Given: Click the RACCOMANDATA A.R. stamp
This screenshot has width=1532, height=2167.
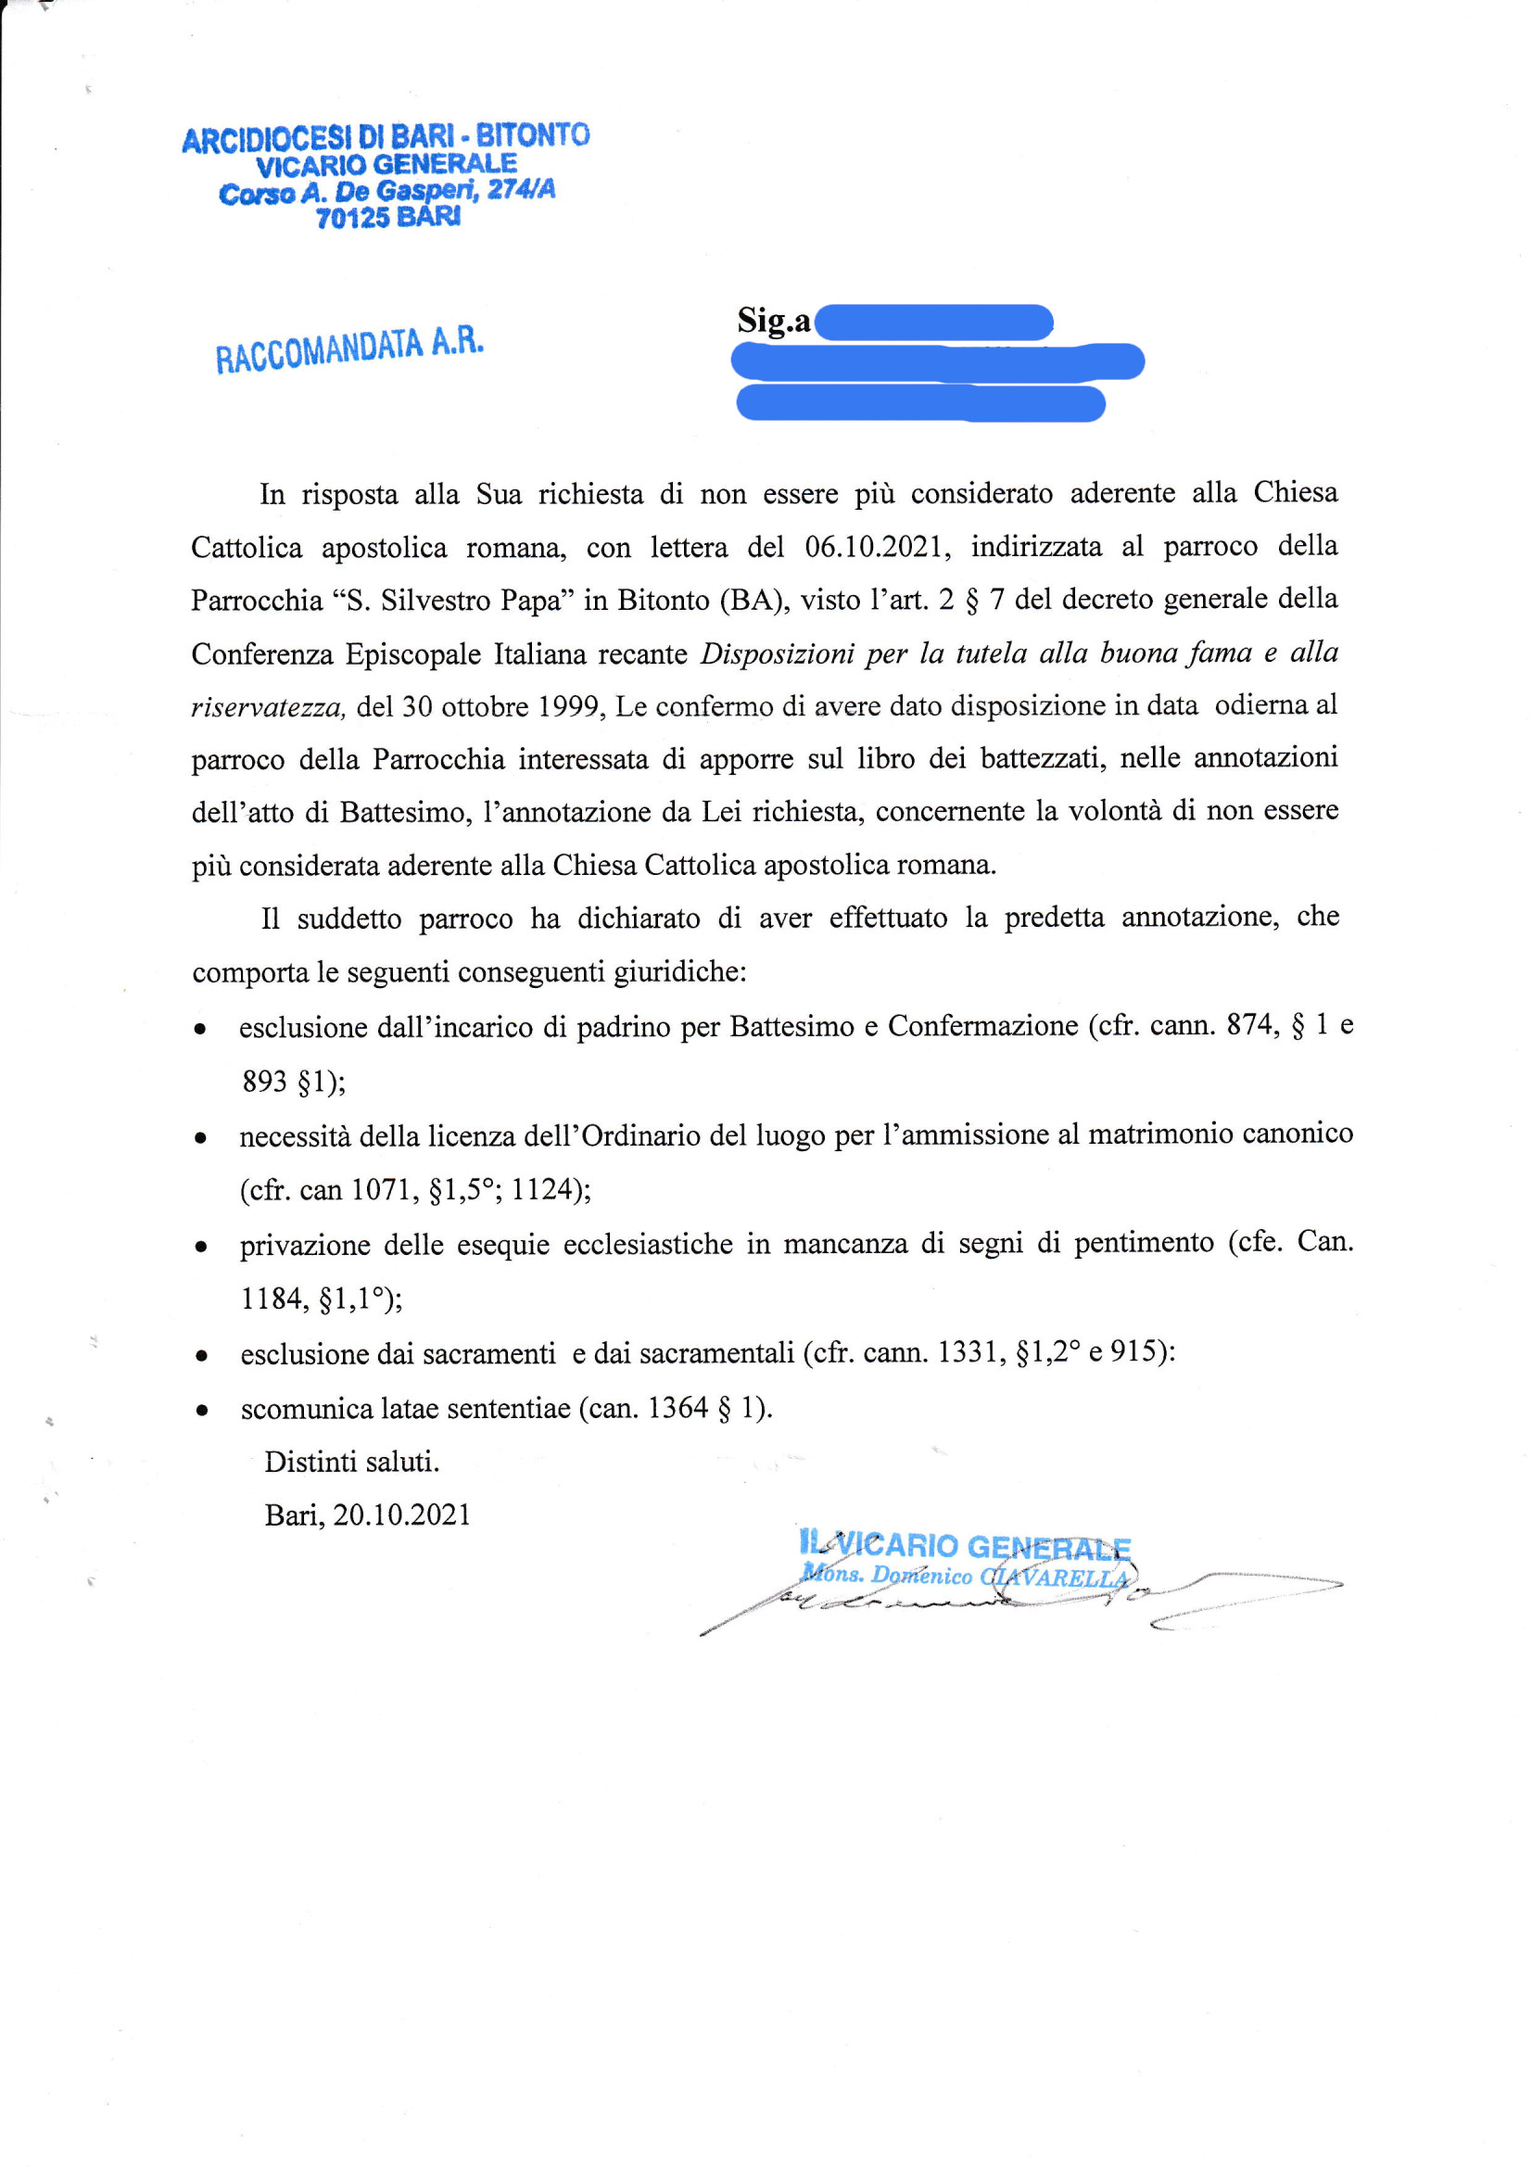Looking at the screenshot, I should tap(349, 349).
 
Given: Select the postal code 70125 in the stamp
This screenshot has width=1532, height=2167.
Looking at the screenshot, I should tap(352, 218).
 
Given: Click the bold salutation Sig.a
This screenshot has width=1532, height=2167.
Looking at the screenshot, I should tap(774, 321).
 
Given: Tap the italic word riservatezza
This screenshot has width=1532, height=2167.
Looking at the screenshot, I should tap(268, 707).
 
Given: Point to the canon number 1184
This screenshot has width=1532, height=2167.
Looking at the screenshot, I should tap(273, 1299).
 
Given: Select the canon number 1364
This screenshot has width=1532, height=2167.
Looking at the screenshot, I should tap(677, 1408).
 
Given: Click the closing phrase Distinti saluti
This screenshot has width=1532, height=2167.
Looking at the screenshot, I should tap(351, 1462).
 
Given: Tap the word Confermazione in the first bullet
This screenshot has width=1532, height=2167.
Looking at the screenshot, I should tap(981, 1026).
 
